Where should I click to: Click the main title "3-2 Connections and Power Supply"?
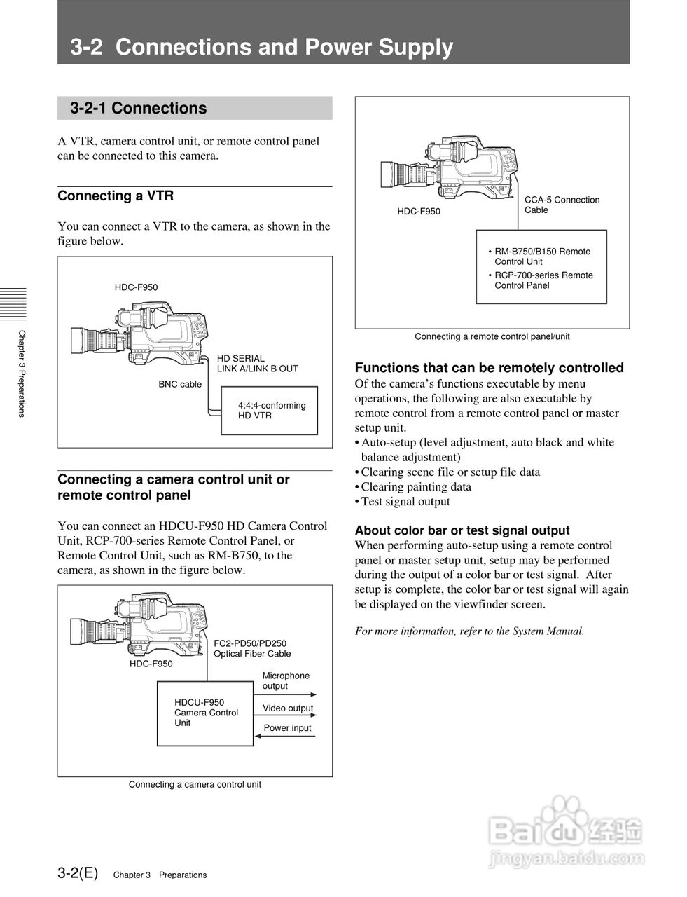(x=262, y=47)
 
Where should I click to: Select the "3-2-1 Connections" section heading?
(x=139, y=108)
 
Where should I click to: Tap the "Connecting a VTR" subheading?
(x=116, y=196)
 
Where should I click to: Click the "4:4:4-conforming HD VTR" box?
(x=270, y=411)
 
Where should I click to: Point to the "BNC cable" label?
(x=180, y=384)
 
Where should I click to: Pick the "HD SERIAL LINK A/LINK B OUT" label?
(x=257, y=364)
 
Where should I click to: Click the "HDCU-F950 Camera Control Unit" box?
(x=204, y=713)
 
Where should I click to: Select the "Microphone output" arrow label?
(x=286, y=681)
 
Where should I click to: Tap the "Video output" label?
(x=288, y=708)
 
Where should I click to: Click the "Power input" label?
(x=287, y=728)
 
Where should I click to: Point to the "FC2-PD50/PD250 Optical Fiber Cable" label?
(x=252, y=648)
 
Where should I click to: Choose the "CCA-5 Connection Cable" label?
(x=562, y=205)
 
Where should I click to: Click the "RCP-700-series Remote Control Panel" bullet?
(x=543, y=280)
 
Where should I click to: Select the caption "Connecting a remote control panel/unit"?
(x=492, y=336)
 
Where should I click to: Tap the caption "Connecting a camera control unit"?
(x=195, y=785)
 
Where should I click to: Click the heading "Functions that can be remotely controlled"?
(x=489, y=368)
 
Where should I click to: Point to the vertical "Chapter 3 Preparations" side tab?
(x=22, y=374)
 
